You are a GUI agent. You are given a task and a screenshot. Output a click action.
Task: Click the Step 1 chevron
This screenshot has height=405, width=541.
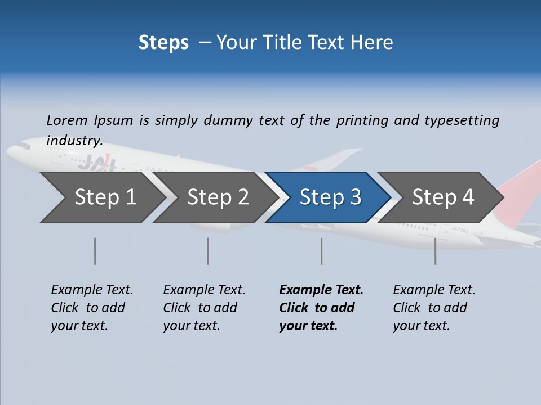pos(101,197)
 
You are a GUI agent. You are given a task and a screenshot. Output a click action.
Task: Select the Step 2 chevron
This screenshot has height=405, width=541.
pos(214,197)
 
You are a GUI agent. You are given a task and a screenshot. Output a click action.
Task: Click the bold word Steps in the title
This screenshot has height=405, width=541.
pos(163,43)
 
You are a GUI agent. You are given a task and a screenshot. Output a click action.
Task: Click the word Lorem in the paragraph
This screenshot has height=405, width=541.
pos(67,120)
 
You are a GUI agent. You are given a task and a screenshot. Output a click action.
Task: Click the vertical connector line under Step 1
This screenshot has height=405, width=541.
pos(95,251)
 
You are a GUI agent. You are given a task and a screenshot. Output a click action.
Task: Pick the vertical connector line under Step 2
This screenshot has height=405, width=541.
pos(208,251)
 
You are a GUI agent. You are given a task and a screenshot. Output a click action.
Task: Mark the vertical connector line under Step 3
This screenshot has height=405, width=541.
pos(322,251)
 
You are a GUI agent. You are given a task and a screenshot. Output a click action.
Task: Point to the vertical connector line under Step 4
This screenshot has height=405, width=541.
pos(436,251)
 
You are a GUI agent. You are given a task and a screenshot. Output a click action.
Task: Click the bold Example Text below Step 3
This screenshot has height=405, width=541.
pos(321,290)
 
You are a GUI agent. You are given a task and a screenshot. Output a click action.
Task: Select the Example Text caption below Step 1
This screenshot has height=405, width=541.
pos(92,290)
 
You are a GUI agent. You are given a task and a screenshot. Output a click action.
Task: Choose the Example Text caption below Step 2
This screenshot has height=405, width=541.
pos(204,290)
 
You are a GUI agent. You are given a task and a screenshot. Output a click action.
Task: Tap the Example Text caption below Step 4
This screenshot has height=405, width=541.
pos(434,290)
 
